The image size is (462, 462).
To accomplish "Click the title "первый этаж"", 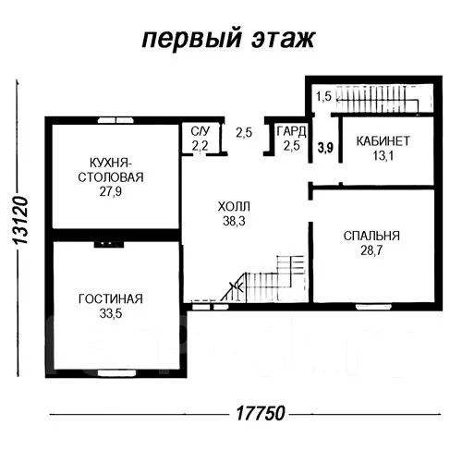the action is pos(228,39).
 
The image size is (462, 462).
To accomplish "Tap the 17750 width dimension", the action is pos(261,413).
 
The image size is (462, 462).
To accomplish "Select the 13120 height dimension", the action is pos(21,220).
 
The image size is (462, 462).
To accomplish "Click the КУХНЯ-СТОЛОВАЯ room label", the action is pos(111,170).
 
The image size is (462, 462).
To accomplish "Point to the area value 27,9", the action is pos(111,191).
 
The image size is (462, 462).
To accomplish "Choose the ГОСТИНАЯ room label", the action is pos(111,299).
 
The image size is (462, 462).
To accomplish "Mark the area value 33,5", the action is pos(111,313).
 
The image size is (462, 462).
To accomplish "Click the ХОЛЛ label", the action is pos(234,206).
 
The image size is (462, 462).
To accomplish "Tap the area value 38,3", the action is pos(234,221).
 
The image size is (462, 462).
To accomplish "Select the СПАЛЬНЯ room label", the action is pos(371,236).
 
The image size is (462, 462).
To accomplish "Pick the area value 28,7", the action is pos(371,250).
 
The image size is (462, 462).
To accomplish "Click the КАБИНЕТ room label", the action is pos(383,141).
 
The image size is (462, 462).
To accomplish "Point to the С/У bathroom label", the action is pos(201,131).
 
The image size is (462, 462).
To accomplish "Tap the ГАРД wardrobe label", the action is pos(291,131).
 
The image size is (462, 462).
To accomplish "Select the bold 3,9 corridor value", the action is pos(325,148).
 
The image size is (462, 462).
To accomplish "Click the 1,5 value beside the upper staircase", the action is pos(323,96).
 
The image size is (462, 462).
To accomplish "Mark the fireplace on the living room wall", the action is pos(109,244).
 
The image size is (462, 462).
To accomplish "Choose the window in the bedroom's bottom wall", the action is pos(373,307).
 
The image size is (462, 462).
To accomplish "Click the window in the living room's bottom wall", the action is pos(116,373).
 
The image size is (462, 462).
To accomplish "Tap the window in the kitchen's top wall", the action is pos(115,120).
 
